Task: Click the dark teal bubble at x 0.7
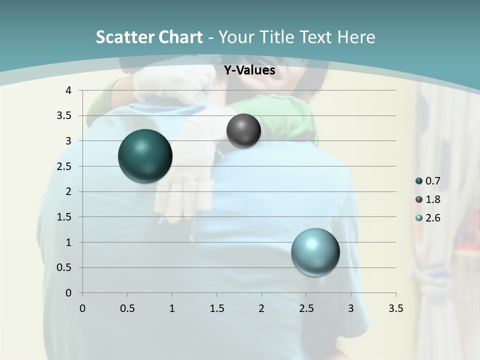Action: click(145, 156)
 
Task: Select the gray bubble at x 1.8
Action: click(243, 130)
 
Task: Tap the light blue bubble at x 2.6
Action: click(315, 252)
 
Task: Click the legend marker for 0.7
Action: click(419, 181)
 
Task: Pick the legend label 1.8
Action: click(432, 199)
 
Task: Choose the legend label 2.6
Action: click(432, 218)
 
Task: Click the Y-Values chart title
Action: click(249, 70)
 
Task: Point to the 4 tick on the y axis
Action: click(69, 90)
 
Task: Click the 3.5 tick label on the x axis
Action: click(395, 308)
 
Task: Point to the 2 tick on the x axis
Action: click(261, 308)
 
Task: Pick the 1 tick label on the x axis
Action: click(172, 308)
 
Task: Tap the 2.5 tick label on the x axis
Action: click(306, 308)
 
